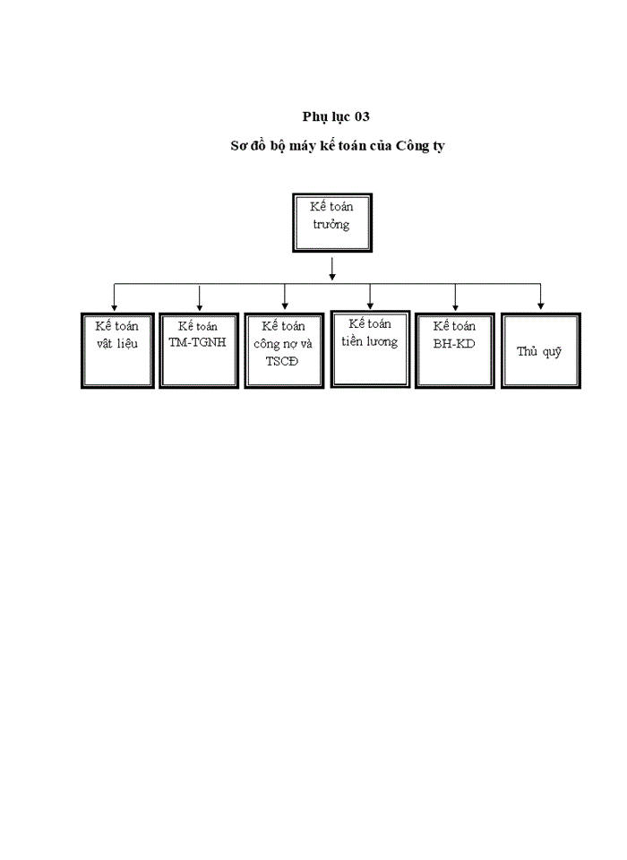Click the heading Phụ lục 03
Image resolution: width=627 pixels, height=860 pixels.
(336, 116)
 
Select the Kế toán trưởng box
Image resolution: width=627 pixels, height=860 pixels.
(332, 222)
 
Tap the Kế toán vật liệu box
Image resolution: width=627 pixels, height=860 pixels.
(116, 350)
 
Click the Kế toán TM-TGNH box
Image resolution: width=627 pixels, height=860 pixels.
(199, 350)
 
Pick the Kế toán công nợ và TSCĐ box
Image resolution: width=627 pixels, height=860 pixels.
(284, 350)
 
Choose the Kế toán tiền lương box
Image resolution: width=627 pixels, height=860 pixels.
(370, 348)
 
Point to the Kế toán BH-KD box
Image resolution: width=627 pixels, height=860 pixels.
(454, 350)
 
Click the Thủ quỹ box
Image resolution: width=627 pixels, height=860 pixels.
(539, 350)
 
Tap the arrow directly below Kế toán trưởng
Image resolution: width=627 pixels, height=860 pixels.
(332, 269)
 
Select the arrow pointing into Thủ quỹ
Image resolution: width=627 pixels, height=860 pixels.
(540, 297)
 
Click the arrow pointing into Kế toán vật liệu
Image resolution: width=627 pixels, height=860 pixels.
(114, 297)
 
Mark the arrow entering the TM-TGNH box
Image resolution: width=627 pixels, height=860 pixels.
(199, 297)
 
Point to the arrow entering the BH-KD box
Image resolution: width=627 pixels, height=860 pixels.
(455, 297)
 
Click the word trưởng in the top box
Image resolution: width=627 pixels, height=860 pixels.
(331, 224)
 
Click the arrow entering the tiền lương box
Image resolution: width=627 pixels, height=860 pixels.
(370, 297)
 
